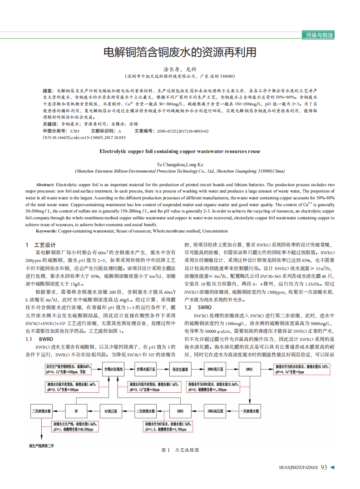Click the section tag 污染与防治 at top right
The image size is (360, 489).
pyautogui.click(x=318, y=35)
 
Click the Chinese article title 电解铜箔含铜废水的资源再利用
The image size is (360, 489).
pyautogui.click(x=180, y=52)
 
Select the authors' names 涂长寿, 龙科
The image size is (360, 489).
pyautogui.click(x=180, y=69)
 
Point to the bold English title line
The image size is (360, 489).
pyautogui.click(x=180, y=151)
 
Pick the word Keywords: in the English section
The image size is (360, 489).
pyautogui.click(x=46, y=231)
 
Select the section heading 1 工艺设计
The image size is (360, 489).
pyautogui.click(x=40, y=245)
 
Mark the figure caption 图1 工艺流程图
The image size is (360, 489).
pyautogui.click(x=180, y=450)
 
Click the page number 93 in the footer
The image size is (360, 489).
pyautogui.click(x=324, y=467)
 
